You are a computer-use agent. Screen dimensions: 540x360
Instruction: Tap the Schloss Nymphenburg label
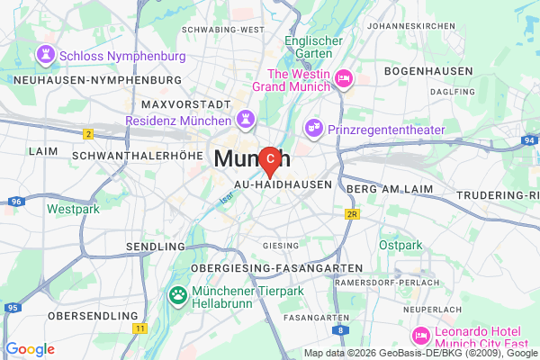(x=122, y=56)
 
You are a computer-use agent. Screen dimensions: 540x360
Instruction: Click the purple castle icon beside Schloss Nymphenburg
(x=45, y=56)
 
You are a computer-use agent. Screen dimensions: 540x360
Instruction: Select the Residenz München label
(x=179, y=119)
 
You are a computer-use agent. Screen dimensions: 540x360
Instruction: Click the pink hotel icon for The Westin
(x=343, y=81)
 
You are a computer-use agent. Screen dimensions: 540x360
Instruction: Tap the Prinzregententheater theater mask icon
(x=313, y=129)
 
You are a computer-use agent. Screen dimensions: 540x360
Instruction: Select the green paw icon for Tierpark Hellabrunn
(x=178, y=294)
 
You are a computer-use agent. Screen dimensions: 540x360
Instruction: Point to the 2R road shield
(x=353, y=214)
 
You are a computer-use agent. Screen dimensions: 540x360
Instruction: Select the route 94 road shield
(x=529, y=141)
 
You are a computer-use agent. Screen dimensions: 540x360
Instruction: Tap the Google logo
(x=30, y=349)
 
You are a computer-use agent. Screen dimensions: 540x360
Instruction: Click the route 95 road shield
(x=12, y=308)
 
